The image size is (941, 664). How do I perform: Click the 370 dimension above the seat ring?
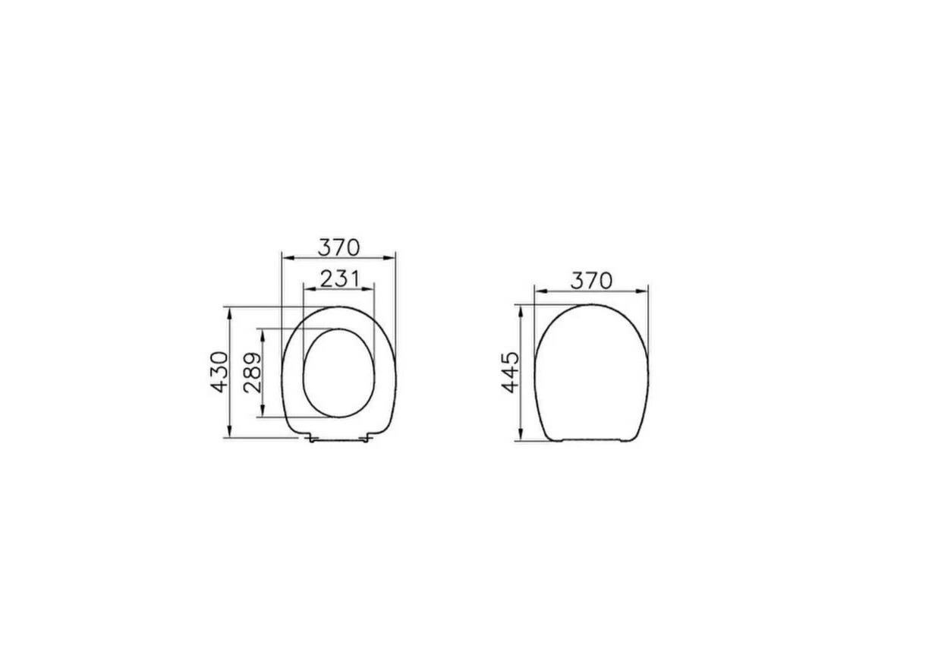[x=338, y=247]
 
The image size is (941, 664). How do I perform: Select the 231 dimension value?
[x=338, y=279]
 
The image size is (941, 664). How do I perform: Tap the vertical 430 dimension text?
[x=219, y=371]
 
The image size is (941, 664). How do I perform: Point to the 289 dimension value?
[x=252, y=371]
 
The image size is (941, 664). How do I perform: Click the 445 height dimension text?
[x=511, y=372]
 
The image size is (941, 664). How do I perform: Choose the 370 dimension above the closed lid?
[x=591, y=280]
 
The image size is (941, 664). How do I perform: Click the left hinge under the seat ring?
[x=312, y=438]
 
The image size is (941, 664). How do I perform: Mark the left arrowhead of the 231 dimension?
[x=306, y=289]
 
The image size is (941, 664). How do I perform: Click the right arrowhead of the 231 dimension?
[x=371, y=289]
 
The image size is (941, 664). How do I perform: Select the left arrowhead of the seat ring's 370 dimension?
[x=285, y=257]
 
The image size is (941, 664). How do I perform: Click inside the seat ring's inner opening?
[x=338, y=373]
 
